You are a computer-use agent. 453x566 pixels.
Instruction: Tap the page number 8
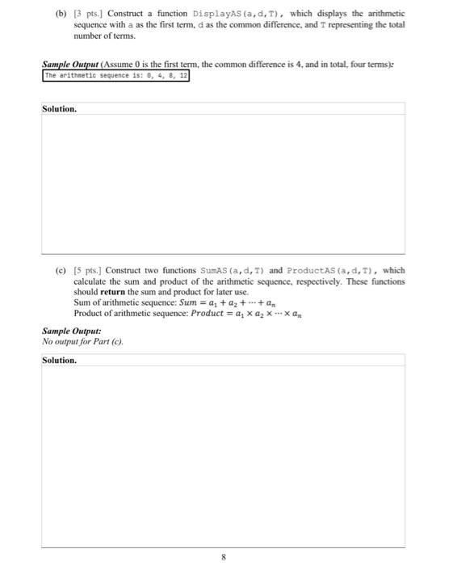point(226,556)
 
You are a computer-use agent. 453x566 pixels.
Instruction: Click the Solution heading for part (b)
point(59,108)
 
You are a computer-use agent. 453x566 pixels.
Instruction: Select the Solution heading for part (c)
point(59,360)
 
